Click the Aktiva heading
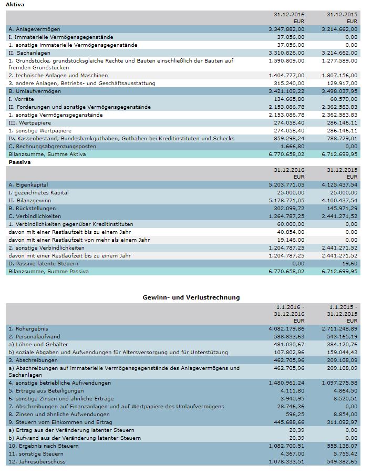click(15, 5)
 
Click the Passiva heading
click(17, 162)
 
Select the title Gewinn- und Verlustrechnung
click(191, 297)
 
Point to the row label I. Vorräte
click(22, 99)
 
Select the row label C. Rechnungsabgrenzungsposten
click(52, 146)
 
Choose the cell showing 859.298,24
click(288, 138)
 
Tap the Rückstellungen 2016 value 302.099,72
click(288, 209)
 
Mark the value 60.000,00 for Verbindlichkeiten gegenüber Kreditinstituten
click(290, 224)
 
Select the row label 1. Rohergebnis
click(27, 328)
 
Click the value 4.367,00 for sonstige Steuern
click(293, 453)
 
